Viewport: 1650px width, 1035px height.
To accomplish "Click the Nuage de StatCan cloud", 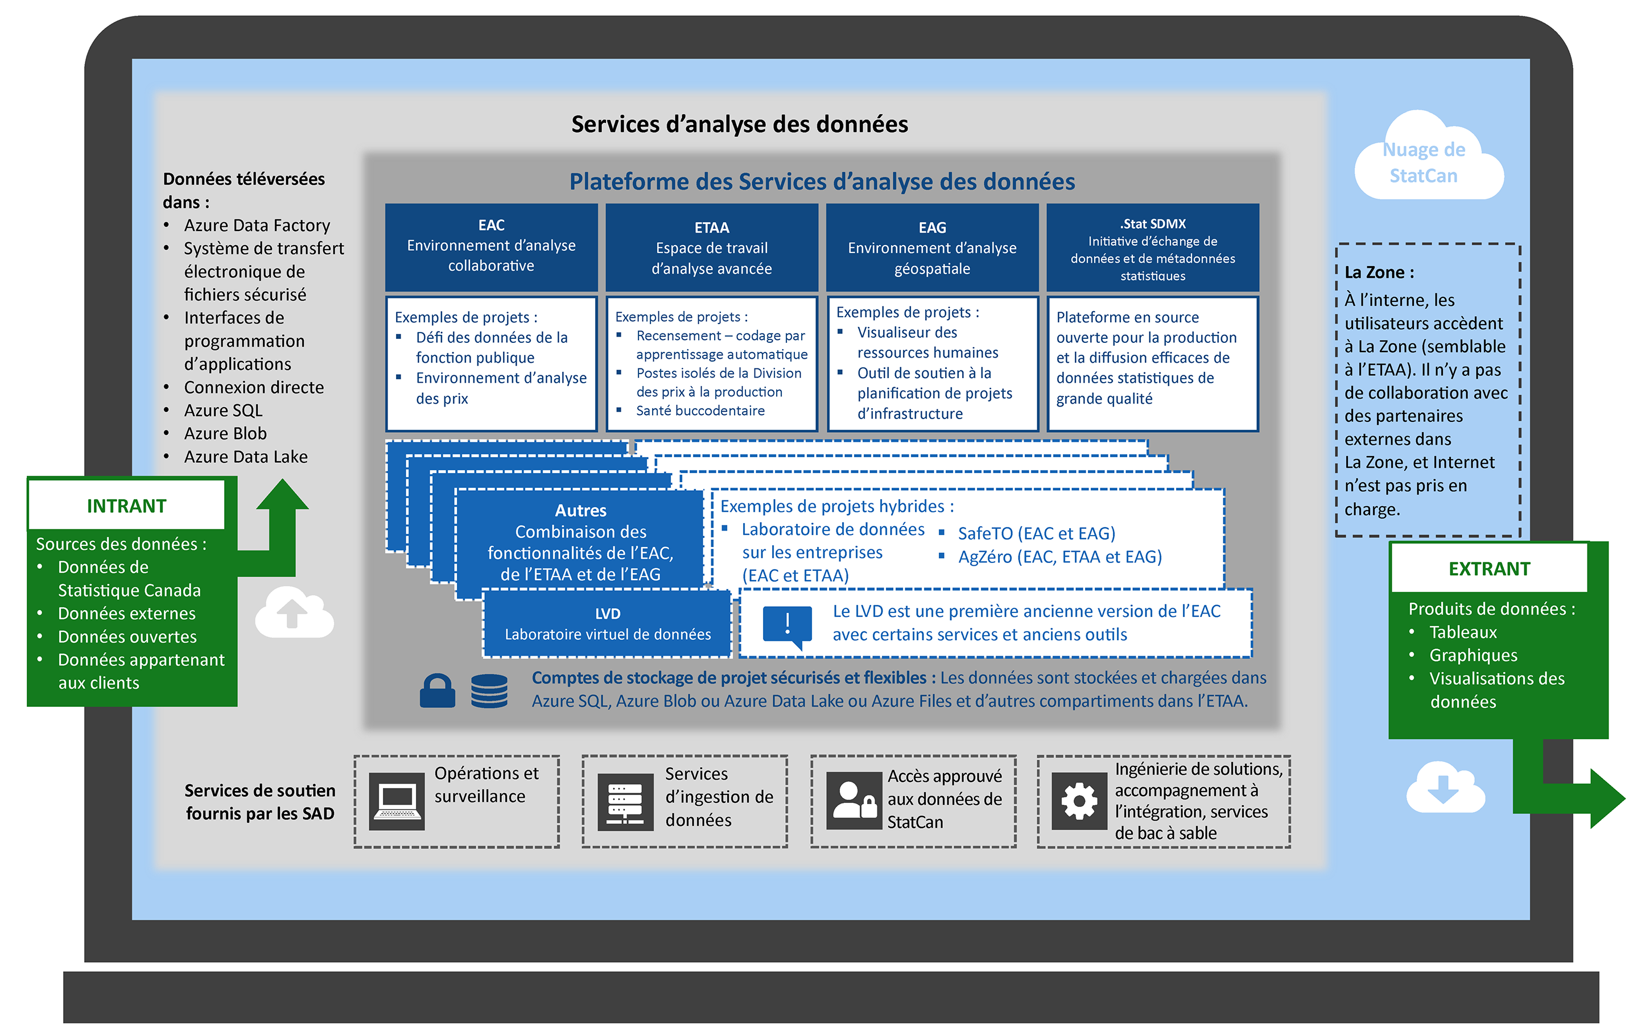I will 1428,162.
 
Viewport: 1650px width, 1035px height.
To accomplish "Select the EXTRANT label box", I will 1488,569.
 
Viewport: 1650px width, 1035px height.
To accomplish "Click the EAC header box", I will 491,246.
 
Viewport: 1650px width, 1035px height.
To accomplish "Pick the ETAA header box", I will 711,248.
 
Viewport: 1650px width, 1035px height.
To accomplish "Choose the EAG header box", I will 932,248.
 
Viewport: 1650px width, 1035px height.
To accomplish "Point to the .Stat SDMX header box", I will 1152,248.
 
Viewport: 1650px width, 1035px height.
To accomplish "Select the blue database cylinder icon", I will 489,691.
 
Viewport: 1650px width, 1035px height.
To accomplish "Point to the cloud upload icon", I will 294,612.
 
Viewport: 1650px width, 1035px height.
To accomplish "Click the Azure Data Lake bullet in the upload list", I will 245,457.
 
